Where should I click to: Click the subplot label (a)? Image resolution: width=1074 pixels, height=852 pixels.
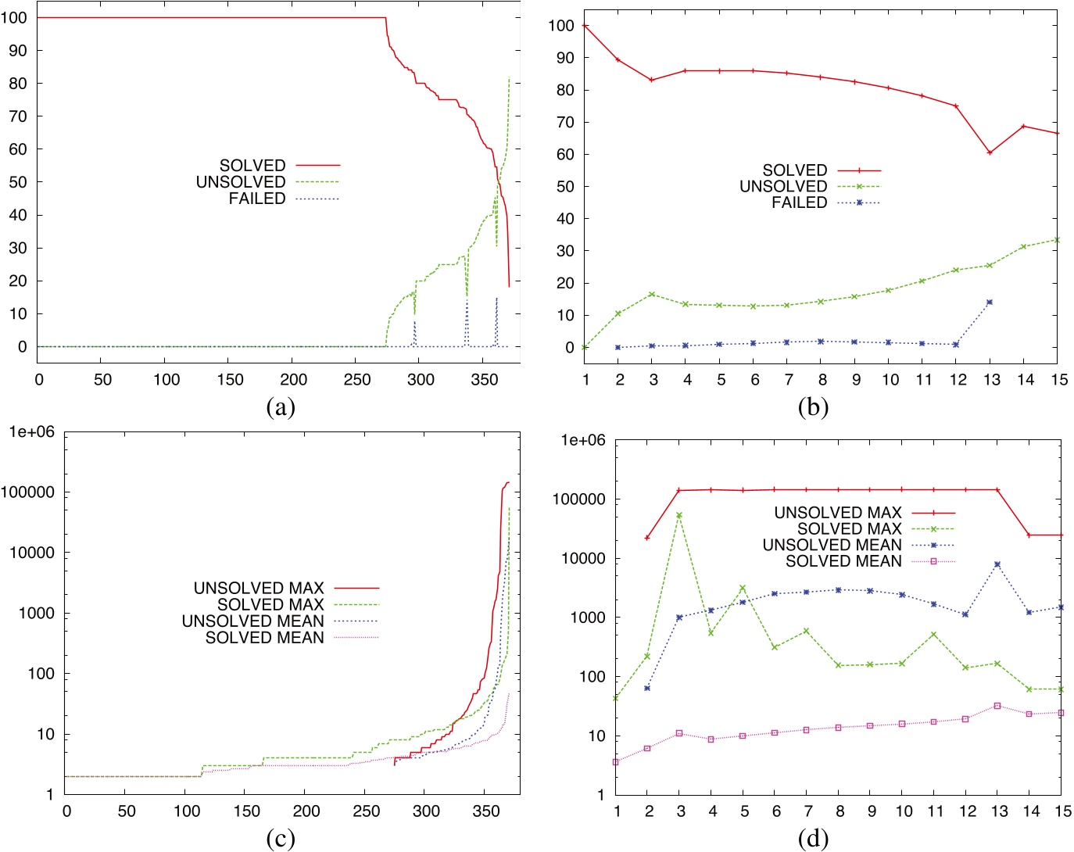(x=280, y=407)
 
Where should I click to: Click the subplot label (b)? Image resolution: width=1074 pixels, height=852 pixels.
(x=813, y=407)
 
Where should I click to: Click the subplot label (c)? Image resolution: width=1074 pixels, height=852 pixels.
(x=280, y=839)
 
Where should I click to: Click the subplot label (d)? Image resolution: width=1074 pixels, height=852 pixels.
(x=813, y=839)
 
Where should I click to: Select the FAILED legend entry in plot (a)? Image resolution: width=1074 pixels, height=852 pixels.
(x=257, y=199)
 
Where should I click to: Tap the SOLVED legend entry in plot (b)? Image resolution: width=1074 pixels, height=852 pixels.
(x=795, y=170)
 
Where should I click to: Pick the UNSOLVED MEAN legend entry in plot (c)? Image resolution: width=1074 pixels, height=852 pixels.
(x=252, y=621)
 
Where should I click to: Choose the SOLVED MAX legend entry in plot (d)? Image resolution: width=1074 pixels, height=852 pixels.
(x=849, y=529)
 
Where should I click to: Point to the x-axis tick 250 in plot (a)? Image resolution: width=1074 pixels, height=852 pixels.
(x=357, y=380)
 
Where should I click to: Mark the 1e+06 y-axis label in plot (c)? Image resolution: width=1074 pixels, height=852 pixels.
(x=32, y=432)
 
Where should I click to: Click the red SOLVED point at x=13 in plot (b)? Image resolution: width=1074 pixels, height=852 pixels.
(x=990, y=152)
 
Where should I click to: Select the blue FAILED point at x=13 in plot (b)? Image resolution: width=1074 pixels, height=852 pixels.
(x=990, y=302)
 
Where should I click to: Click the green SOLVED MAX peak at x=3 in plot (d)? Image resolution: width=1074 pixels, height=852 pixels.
(x=679, y=515)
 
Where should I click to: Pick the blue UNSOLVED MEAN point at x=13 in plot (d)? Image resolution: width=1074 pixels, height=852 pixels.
(x=997, y=564)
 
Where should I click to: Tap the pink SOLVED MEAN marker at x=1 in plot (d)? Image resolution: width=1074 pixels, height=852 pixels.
(x=616, y=762)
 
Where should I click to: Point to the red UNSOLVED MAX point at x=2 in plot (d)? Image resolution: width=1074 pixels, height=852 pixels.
(x=647, y=538)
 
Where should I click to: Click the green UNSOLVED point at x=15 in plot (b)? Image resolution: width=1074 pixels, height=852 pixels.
(x=1057, y=240)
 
